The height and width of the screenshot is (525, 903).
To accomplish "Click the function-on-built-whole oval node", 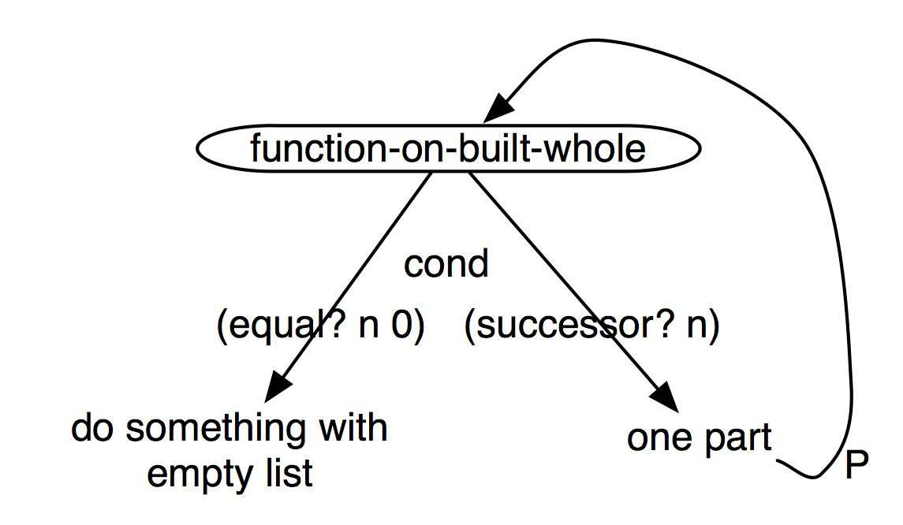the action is pos(448,148).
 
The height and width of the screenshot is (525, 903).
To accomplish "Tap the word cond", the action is pos(446,264).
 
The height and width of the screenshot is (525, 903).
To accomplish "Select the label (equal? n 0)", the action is pos(321,326).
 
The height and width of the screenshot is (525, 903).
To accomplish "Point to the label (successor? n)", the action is pos(592,326).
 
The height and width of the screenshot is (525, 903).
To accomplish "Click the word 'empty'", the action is pos(202,475).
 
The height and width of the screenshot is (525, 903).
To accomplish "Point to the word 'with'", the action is pos(353,428).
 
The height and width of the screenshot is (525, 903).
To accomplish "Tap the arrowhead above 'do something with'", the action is pos(278,387).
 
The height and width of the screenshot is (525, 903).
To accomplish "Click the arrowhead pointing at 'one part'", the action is pos(665,397).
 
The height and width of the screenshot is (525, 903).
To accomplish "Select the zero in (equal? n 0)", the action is pos(401,326).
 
